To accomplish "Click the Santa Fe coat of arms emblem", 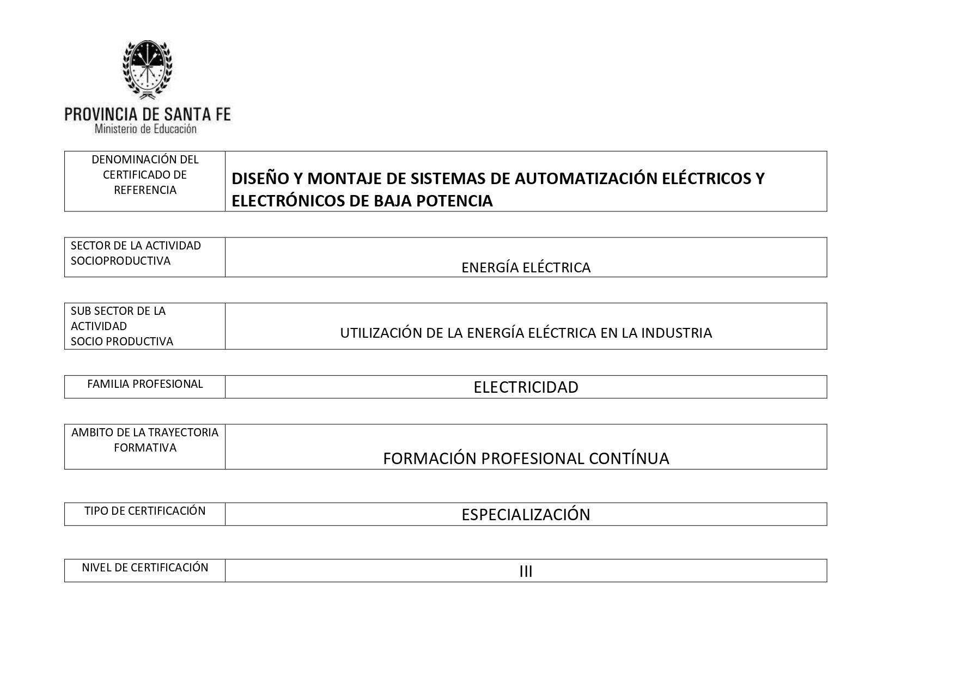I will click(147, 70).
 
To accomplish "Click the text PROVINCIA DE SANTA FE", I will click(148, 114).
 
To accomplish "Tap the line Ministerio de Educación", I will click(145, 129).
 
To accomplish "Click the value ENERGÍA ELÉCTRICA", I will click(526, 267).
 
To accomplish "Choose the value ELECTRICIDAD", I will click(526, 387).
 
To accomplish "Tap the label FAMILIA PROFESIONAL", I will click(145, 384).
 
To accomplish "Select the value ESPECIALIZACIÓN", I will click(526, 515).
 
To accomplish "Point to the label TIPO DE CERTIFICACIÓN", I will click(145, 511).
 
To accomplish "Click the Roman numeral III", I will click(526, 571).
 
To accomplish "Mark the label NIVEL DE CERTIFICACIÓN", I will click(145, 568).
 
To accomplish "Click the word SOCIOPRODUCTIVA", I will click(120, 261).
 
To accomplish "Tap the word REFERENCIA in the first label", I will click(145, 190).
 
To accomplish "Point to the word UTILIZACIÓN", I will click(381, 333).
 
